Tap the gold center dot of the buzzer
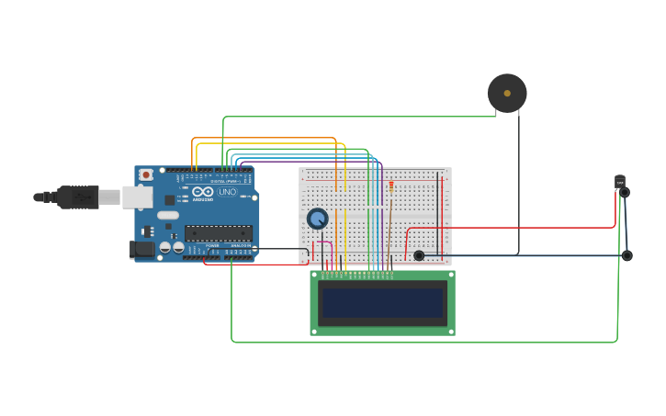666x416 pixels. pos(507,93)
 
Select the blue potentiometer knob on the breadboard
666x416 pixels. pos(317,219)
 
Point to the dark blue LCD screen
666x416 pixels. pos(381,302)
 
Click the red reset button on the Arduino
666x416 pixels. pos(145,174)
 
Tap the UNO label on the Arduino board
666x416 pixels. pos(228,192)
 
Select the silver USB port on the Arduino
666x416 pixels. pos(137,197)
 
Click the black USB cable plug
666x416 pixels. pos(77,197)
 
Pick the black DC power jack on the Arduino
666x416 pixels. pos(141,249)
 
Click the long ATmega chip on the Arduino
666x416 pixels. pos(219,233)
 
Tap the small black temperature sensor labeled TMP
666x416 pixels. pos(620,183)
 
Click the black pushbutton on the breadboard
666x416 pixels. pos(419,255)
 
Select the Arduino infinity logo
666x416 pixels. pos(203,192)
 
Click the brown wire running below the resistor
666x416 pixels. pos(389,230)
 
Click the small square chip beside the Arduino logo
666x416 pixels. pos(170,199)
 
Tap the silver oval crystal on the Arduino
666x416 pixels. pos(168,216)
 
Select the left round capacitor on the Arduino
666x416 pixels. pos(165,247)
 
